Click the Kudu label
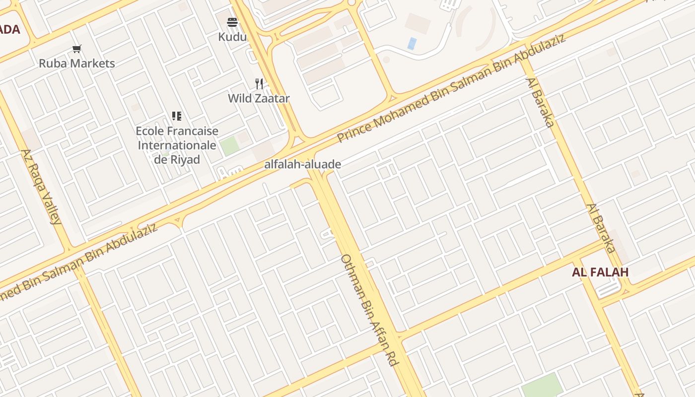click(x=232, y=37)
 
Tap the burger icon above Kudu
click(x=232, y=22)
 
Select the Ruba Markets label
click(x=77, y=64)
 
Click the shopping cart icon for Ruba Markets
click(x=76, y=49)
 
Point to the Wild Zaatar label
click(x=259, y=98)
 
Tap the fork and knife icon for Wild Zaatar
click(x=259, y=83)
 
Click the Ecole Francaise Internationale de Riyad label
click(x=177, y=145)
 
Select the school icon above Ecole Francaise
click(x=177, y=116)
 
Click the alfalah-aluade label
click(x=302, y=164)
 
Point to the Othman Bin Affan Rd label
click(x=370, y=310)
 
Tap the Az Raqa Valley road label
click(x=42, y=187)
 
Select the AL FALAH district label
click(x=600, y=272)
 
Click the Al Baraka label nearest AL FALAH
click(x=601, y=228)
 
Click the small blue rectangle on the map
click(x=412, y=43)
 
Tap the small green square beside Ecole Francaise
click(x=229, y=146)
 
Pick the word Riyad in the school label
click(x=185, y=160)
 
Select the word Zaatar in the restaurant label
click(x=273, y=98)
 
